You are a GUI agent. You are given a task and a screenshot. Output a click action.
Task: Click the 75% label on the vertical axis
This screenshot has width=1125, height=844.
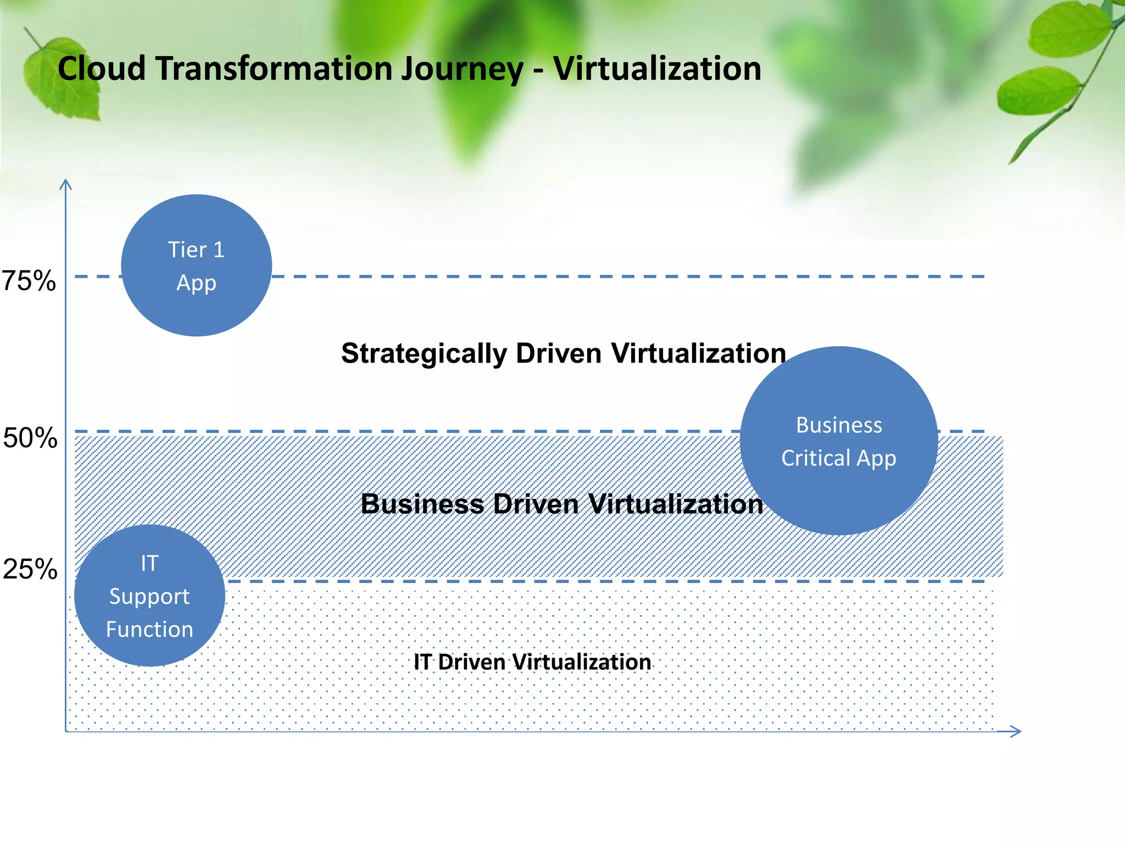click(x=29, y=281)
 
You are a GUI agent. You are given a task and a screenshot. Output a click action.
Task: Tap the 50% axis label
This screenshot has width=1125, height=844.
click(x=30, y=438)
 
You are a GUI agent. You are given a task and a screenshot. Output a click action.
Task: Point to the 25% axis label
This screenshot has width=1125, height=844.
click(x=30, y=569)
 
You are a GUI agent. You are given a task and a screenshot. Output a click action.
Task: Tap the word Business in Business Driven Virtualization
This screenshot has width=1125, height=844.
click(x=422, y=504)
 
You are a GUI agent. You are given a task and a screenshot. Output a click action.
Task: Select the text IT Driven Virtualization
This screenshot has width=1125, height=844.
click(x=532, y=662)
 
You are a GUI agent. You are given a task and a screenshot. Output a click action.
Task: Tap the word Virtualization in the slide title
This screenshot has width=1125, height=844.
click(x=657, y=69)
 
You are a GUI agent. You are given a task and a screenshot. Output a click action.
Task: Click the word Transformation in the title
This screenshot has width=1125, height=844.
click(x=273, y=69)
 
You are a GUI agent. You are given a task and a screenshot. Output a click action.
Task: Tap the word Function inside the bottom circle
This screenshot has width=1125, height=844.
click(x=149, y=630)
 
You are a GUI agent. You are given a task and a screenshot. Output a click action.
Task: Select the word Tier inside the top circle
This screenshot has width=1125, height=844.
click(x=187, y=250)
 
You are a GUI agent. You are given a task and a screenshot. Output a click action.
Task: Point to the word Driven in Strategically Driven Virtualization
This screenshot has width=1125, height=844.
click(x=559, y=353)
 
